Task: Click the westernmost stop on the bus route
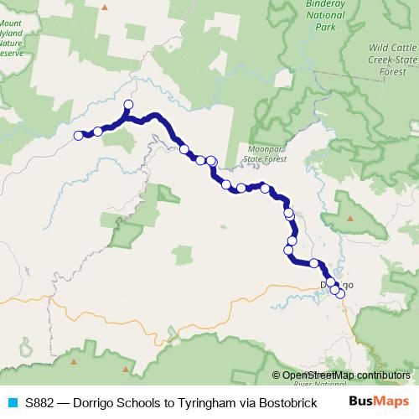[x=78, y=135]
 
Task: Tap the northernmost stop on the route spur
[x=128, y=105]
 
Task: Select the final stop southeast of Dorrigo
[x=340, y=293]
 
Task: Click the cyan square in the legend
[x=10, y=401]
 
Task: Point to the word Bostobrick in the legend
[x=285, y=401]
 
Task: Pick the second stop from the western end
[x=98, y=131]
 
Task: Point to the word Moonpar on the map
[x=264, y=147]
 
